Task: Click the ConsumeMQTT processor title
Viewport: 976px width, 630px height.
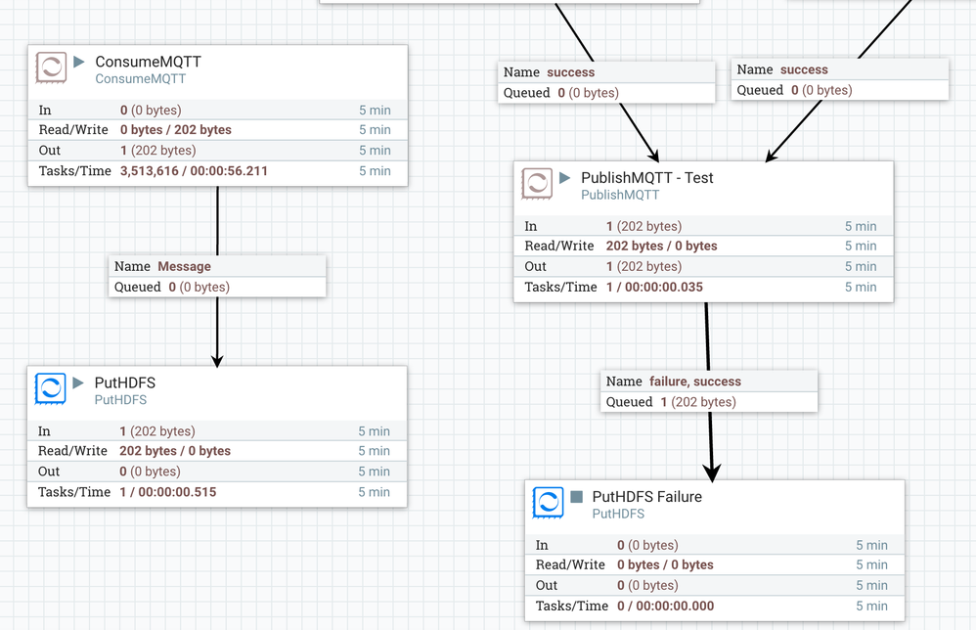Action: point(148,62)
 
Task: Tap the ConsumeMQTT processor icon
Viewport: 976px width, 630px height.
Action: point(51,67)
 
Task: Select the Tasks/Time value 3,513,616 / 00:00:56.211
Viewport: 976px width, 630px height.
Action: point(194,171)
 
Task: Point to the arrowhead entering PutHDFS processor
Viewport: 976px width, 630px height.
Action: point(217,359)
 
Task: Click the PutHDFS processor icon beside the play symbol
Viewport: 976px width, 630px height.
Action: point(51,388)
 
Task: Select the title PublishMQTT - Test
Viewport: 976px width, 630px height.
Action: point(646,178)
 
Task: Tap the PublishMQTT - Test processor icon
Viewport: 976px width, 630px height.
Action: point(537,184)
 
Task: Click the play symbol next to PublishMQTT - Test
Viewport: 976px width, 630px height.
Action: point(565,178)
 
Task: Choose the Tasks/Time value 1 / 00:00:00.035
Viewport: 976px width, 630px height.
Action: point(654,288)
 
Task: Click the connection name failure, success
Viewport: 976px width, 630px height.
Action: point(694,382)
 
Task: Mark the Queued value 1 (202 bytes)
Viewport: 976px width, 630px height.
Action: point(698,402)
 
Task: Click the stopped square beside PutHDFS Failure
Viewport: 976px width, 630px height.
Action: point(576,497)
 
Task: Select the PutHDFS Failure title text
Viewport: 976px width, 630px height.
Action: point(646,497)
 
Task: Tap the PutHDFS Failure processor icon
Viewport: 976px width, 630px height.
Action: point(548,503)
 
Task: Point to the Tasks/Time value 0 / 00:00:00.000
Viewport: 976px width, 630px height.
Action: point(665,607)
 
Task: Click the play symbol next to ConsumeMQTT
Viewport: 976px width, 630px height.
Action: point(79,62)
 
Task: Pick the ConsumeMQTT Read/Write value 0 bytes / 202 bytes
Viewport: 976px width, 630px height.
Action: point(176,130)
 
